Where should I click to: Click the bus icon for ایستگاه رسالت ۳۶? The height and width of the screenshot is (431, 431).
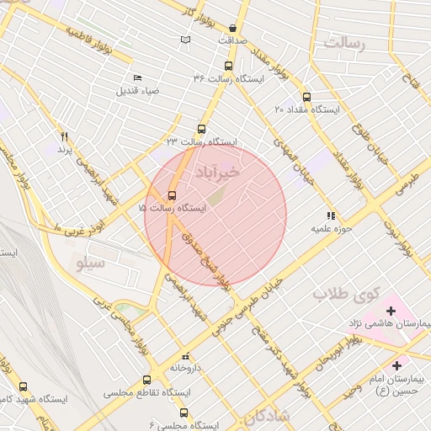point(229,66)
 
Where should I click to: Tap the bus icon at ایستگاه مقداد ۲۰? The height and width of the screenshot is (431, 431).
point(306,97)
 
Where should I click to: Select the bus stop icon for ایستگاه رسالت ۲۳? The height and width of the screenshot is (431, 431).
point(200,130)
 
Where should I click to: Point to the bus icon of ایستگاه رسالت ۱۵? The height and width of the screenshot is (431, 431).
point(173,196)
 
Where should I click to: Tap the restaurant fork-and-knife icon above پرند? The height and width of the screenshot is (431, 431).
point(63,136)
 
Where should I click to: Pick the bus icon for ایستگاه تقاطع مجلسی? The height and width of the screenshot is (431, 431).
point(148,380)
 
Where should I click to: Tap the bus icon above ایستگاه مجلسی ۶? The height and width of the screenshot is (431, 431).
point(184,412)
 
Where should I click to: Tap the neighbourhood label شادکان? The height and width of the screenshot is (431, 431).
point(269,416)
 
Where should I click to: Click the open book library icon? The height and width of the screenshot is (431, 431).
point(185,40)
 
